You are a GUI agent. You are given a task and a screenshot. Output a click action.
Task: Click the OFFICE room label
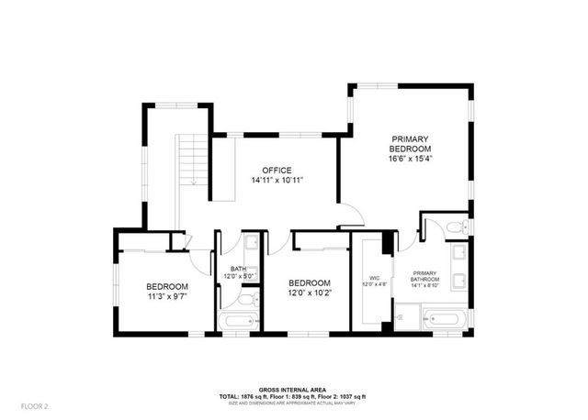tap(277, 170)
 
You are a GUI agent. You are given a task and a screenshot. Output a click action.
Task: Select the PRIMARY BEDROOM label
tap(410, 143)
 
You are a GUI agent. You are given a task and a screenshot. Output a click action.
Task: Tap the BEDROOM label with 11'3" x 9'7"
tap(167, 285)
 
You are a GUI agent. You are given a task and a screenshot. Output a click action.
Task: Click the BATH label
tap(239, 269)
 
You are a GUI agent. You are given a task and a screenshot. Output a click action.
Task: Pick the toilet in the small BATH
tap(244, 300)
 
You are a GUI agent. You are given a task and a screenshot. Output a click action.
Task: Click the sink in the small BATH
tap(251, 242)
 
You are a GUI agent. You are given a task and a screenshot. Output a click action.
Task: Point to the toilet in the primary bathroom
tap(456, 226)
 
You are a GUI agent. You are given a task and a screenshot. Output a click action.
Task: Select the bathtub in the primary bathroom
tap(445, 319)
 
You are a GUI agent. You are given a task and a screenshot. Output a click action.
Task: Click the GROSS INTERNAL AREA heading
tap(292, 390)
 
